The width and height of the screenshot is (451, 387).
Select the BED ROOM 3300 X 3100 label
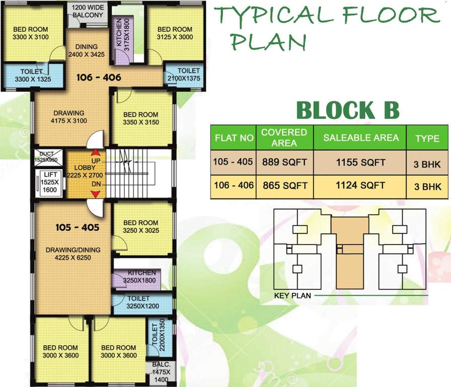click(x=31, y=33)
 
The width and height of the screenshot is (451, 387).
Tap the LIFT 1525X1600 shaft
click(x=49, y=182)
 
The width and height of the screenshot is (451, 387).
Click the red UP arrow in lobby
click(x=94, y=153)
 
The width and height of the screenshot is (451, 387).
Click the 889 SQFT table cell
click(x=284, y=162)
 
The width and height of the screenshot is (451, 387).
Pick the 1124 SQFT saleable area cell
click(x=360, y=185)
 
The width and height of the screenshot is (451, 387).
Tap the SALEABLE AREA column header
click(x=360, y=138)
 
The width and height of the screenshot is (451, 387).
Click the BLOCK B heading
click(x=347, y=110)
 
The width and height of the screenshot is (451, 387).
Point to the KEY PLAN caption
click(x=292, y=295)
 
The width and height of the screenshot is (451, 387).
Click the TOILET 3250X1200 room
click(x=143, y=302)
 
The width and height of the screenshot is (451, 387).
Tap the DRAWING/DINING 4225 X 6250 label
click(x=73, y=253)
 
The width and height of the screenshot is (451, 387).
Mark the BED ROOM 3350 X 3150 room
click(x=140, y=118)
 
